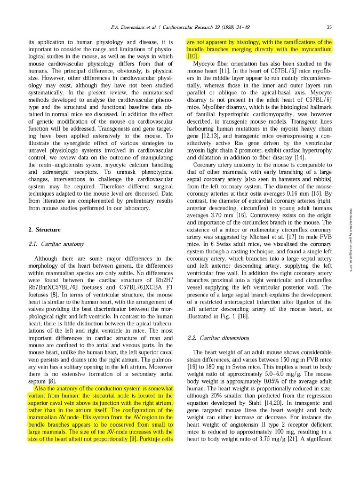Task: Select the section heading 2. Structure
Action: [44, 229]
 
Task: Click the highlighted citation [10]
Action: [192, 56]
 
